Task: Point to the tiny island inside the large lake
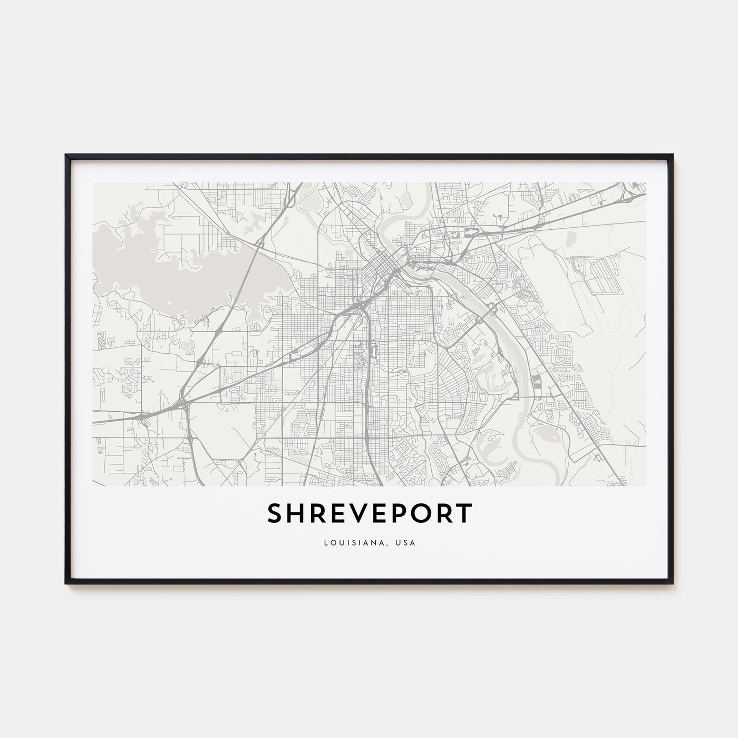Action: tap(168, 303)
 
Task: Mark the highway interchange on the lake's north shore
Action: tap(260, 244)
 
